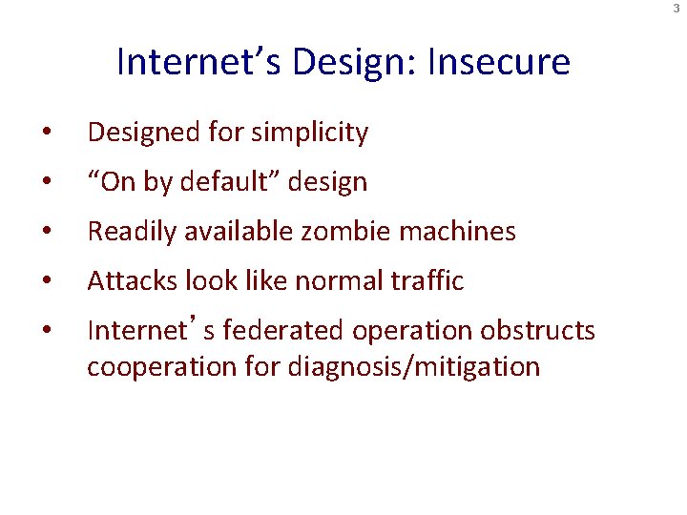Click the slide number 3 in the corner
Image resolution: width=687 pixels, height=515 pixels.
coord(677,9)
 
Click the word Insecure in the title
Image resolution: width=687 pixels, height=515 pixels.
coord(499,62)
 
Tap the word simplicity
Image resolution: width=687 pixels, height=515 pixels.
coord(309,133)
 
